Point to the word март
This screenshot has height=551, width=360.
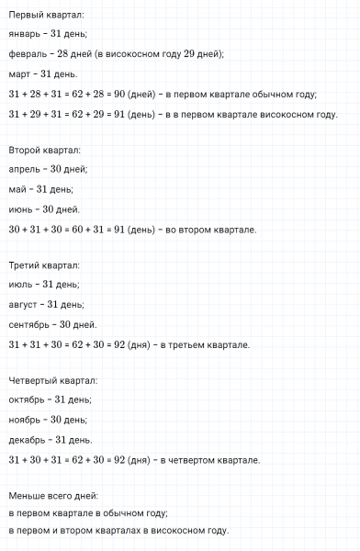click(20, 73)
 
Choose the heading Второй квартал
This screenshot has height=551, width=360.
click(44, 150)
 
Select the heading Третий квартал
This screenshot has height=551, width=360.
click(45, 265)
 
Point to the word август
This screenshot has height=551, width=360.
click(25, 305)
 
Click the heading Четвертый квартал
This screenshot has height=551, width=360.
click(52, 380)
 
